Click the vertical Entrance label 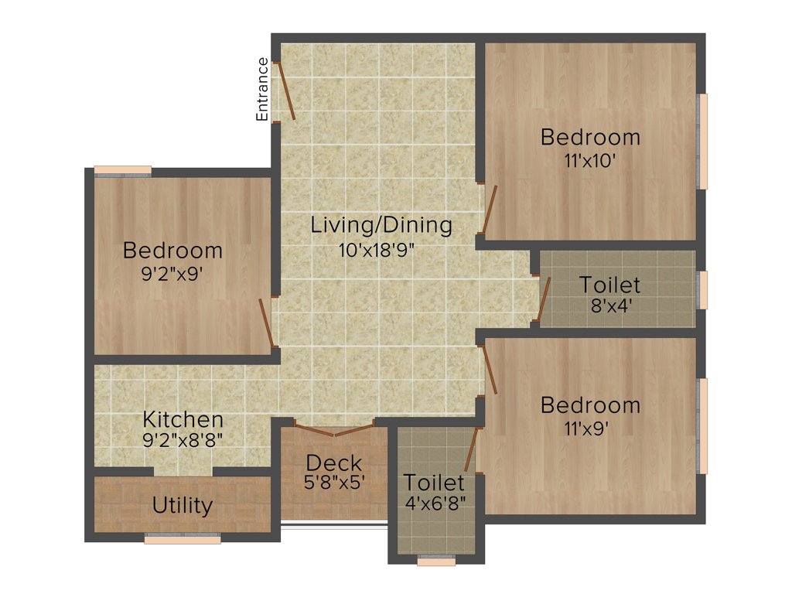coord(262,89)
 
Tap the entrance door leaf coord(286,90)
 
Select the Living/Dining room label coord(381,226)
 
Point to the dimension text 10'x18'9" coord(381,249)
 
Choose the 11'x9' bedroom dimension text coord(590,428)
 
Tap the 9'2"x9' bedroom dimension coord(172,274)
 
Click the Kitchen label coord(183,420)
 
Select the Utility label coord(183,506)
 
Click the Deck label coord(333,463)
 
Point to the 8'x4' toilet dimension coord(611,305)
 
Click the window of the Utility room coord(183,539)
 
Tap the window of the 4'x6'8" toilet coord(436,562)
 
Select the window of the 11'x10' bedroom coord(702,142)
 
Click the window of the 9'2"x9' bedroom coord(122,171)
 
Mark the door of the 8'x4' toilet coord(544,299)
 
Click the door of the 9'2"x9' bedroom coord(266,322)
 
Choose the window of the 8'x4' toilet coord(702,290)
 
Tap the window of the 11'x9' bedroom coord(702,425)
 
